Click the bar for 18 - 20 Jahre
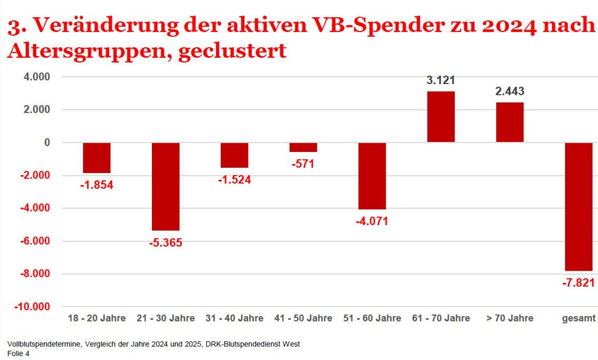[96, 158]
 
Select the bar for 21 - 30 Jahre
[165, 186]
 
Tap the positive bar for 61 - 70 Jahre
[441, 117]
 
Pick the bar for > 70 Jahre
[510, 122]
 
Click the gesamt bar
[579, 206]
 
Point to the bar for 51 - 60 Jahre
[372, 176]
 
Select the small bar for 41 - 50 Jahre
[303, 147]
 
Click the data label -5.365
[165, 243]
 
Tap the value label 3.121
[441, 80]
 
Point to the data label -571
[303, 164]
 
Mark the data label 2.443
[510, 91]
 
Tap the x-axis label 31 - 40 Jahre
[234, 319]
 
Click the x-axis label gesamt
[579, 319]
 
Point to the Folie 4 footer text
[19, 354]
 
